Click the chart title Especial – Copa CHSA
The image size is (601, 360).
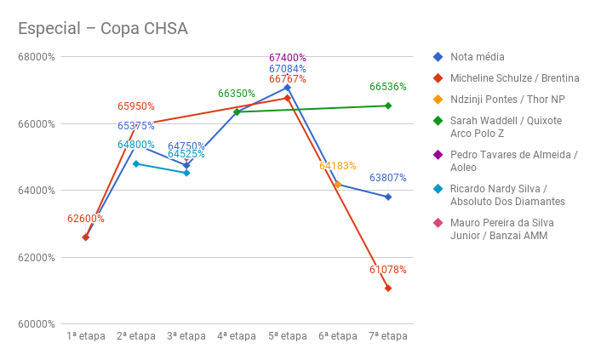[x=103, y=29]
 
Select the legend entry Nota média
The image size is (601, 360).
[x=478, y=57]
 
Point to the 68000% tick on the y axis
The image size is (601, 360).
[x=37, y=57]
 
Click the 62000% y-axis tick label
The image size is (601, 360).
[x=37, y=258]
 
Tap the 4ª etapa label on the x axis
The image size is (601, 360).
[x=237, y=336]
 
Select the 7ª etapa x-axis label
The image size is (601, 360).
[x=387, y=336]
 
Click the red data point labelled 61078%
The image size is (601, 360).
[x=388, y=288]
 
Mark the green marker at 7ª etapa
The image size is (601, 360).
[x=388, y=106]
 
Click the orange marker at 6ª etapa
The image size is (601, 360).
[x=338, y=185]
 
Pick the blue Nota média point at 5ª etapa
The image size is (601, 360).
[x=288, y=88]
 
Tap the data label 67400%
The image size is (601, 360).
[x=287, y=58]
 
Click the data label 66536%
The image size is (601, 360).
[x=387, y=87]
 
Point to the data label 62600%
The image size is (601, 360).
[x=86, y=219]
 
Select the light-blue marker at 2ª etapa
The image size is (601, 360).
[x=136, y=163]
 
